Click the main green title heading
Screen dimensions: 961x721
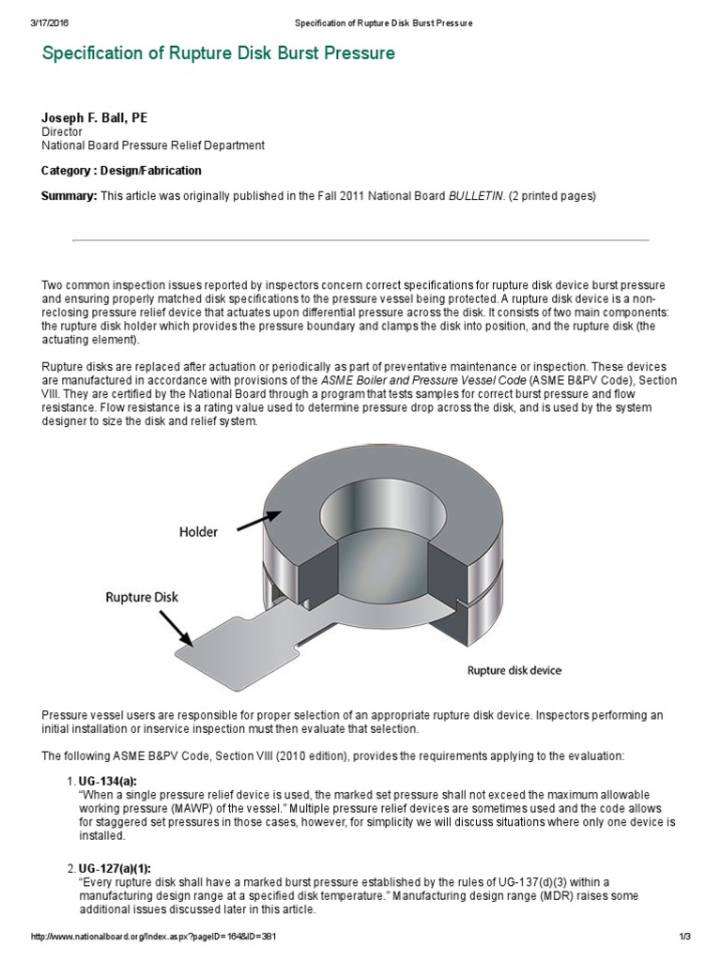pos(219,53)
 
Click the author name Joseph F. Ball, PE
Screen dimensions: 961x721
pos(94,118)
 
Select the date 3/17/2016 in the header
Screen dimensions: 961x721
pos(51,23)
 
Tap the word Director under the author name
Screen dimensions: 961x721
pos(62,132)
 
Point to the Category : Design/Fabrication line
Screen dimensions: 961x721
pos(121,171)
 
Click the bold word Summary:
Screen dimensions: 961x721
pos(69,195)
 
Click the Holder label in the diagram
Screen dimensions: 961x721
pos(198,532)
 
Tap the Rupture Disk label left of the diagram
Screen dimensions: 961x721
pos(140,596)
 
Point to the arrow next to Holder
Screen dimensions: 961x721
pos(259,515)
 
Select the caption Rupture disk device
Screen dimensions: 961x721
pos(514,671)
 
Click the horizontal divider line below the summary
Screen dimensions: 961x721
pos(360,240)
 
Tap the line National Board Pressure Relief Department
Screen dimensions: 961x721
pos(153,145)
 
